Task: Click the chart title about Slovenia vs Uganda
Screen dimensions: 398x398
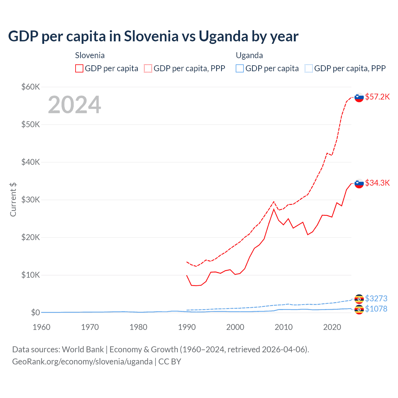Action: [153, 36]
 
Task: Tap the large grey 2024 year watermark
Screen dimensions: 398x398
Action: [74, 105]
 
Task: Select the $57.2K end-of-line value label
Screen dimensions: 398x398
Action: [377, 97]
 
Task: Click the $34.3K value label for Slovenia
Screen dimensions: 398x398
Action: [377, 183]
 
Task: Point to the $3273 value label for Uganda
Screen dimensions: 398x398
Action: [376, 298]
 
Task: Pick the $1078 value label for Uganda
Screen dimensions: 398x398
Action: [376, 309]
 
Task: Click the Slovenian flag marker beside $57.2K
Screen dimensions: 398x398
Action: [359, 97]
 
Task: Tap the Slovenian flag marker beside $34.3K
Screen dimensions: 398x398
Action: [359, 183]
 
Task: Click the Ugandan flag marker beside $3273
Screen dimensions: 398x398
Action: [359, 299]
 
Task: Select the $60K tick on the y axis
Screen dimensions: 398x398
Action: [30, 87]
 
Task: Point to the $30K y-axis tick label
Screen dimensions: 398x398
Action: [30, 200]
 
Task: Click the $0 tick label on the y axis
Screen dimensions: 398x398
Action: [35, 312]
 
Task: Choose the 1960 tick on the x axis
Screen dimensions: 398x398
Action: [41, 327]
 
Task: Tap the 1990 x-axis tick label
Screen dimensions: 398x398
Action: [187, 327]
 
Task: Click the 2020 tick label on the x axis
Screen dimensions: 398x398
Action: [332, 327]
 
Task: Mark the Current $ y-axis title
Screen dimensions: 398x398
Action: [13, 200]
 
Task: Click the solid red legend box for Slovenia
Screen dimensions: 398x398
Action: [79, 68]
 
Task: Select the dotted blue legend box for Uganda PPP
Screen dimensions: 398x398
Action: [309, 68]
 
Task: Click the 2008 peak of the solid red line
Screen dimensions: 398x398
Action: [274, 209]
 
